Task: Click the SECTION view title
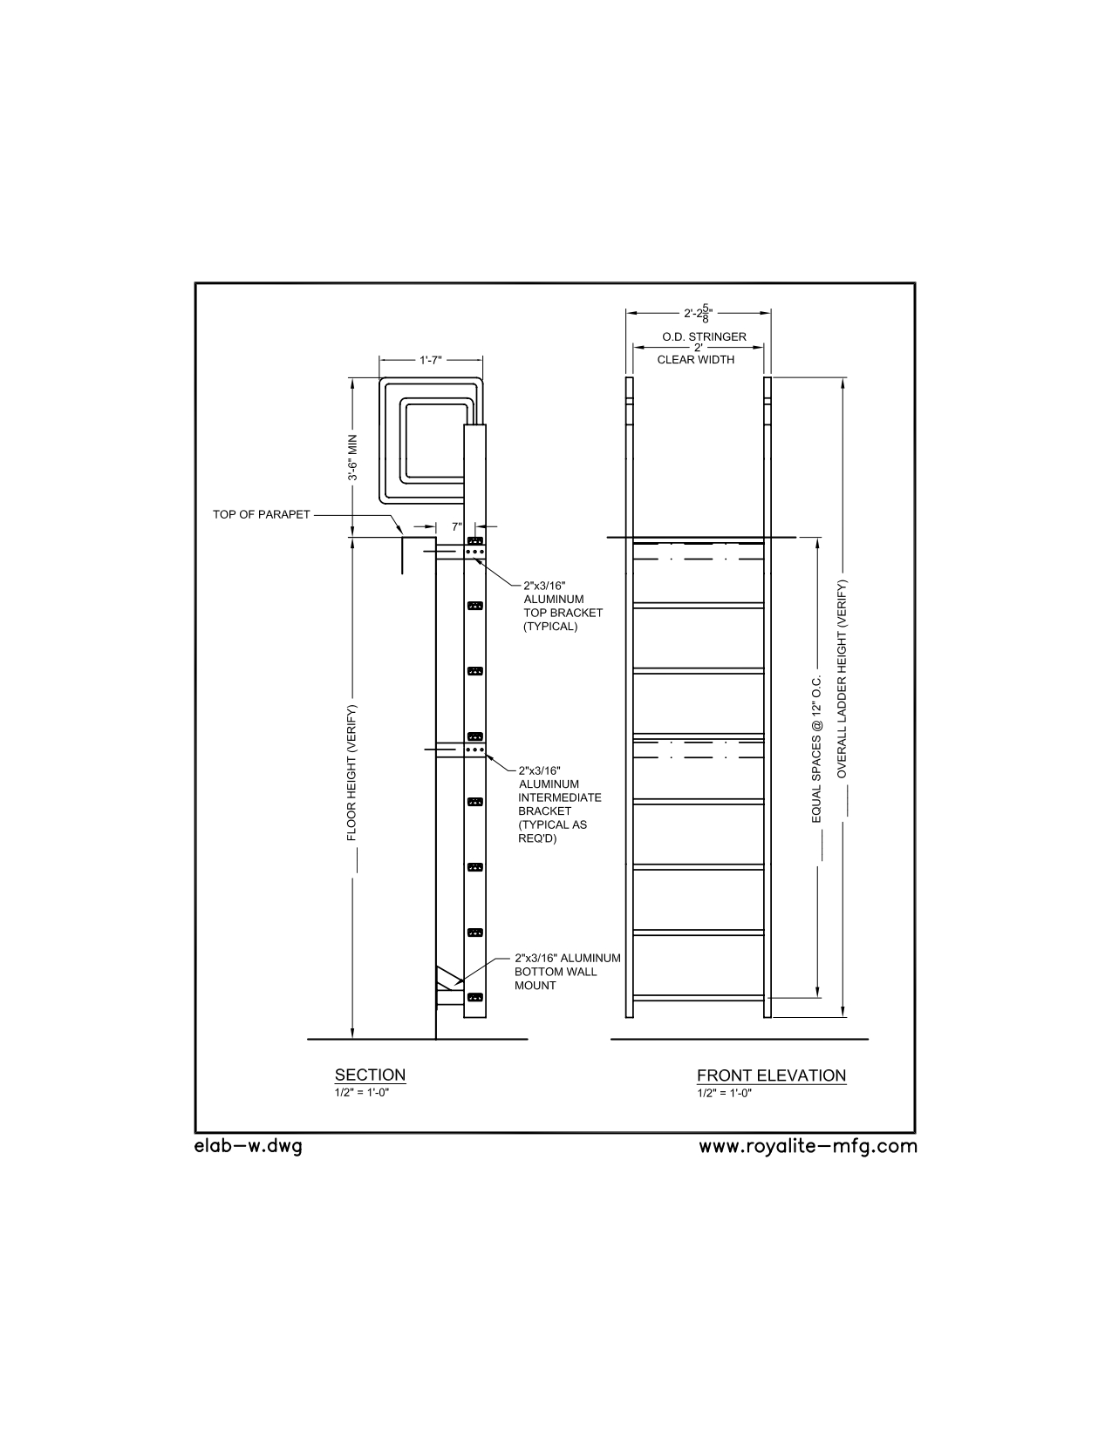click(370, 1075)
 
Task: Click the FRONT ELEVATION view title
click(771, 1075)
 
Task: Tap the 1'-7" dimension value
click(431, 360)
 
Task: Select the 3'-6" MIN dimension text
click(352, 458)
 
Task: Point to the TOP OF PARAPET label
click(261, 514)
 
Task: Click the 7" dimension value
click(457, 526)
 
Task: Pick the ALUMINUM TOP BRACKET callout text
click(563, 606)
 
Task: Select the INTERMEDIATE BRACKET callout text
click(560, 804)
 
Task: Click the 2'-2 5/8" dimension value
click(698, 313)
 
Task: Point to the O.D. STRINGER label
click(704, 336)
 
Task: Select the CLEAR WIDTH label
click(695, 360)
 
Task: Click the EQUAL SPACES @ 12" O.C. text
click(816, 749)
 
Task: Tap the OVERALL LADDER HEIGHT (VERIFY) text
click(842, 678)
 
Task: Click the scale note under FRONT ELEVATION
click(724, 1093)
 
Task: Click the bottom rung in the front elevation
click(698, 997)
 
